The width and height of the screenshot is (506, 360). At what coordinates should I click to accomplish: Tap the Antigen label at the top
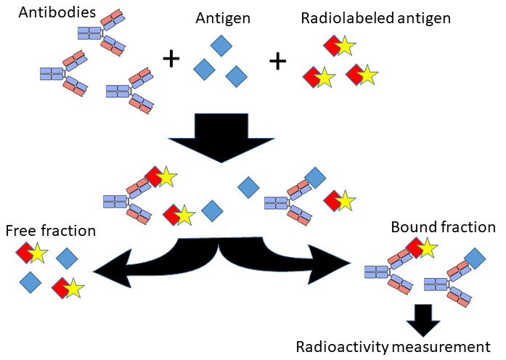click(x=223, y=18)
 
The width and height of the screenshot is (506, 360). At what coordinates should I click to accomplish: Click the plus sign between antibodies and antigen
click(x=171, y=59)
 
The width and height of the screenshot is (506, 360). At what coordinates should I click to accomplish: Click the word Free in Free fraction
click(x=21, y=232)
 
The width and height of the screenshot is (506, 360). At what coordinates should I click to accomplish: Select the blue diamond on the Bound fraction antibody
click(x=475, y=258)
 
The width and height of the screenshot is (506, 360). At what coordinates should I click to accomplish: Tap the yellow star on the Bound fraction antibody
click(x=427, y=248)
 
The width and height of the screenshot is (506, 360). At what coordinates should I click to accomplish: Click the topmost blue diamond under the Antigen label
click(x=221, y=45)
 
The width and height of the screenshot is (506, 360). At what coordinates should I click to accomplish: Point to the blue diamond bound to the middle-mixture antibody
click(x=315, y=176)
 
